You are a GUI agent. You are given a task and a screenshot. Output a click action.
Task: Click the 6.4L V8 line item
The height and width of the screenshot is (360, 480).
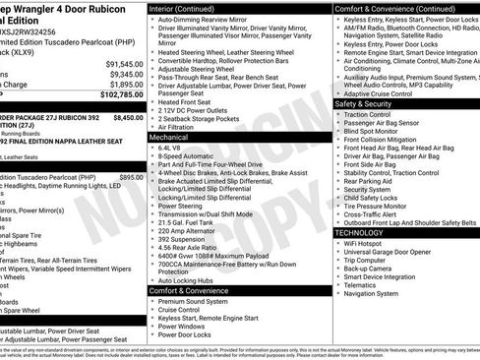point(171,149)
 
